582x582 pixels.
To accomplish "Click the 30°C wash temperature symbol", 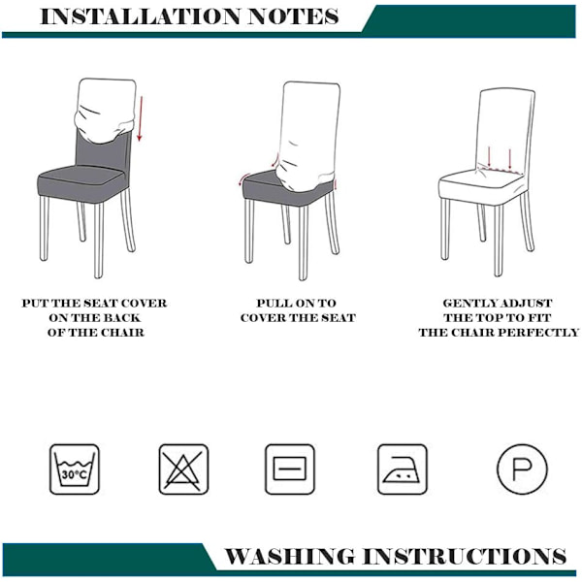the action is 75,469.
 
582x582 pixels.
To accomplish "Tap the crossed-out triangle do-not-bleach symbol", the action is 183,469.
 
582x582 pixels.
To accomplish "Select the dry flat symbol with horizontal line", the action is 290,469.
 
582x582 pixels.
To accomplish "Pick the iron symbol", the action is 403,469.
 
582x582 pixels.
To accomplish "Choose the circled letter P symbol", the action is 522,469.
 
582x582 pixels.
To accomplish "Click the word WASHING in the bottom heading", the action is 289,556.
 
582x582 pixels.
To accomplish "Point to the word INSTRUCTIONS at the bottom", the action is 465,556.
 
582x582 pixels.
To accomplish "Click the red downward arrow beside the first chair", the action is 140,118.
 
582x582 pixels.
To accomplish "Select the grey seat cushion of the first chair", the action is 82,182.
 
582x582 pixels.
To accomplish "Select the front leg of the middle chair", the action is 304,242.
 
